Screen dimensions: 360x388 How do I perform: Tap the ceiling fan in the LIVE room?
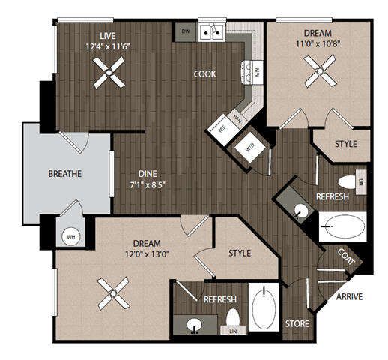click(x=109, y=73)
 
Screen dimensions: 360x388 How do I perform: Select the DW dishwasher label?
click(x=186, y=31)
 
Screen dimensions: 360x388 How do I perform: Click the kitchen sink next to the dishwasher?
click(x=213, y=31)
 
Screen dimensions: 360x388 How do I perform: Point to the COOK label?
click(x=204, y=74)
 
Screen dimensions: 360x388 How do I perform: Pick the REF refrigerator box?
click(x=221, y=127)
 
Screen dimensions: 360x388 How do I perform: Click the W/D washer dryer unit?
click(x=249, y=148)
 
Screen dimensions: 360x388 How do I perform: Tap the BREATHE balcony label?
click(x=64, y=174)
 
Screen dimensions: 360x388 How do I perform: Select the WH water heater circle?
click(x=72, y=237)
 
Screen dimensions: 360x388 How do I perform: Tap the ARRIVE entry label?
click(x=349, y=296)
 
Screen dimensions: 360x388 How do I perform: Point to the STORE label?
click(x=297, y=323)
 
